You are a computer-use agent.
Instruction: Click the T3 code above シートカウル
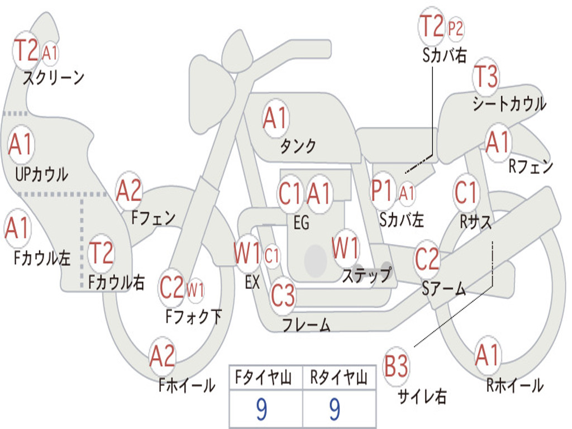485,77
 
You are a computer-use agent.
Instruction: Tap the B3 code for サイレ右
396,366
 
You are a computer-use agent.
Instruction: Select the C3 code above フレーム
283,295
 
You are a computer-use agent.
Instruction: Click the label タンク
298,146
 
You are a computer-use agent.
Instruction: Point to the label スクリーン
54,78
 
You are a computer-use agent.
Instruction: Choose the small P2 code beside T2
455,28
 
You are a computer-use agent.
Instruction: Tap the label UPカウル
41,174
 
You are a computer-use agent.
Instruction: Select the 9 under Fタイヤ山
261,409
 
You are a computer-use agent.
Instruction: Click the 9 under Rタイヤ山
335,409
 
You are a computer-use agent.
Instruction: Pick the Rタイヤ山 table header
339,378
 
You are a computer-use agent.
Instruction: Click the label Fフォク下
194,316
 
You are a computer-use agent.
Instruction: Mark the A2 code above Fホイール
163,356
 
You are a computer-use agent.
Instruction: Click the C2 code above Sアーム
427,259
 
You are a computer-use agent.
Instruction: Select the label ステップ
366,275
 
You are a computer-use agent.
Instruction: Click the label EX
252,282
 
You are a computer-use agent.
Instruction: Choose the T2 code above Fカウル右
101,252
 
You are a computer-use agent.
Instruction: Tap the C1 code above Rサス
466,192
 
